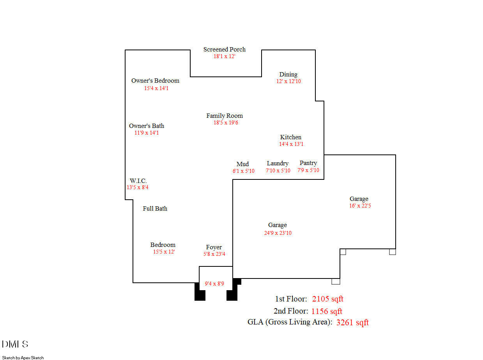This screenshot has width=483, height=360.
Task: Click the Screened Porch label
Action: (224, 50)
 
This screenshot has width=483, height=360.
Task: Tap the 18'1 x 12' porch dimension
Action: (224, 56)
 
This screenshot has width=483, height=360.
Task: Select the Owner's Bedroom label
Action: (155, 81)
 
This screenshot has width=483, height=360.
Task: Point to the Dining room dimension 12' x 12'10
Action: (288, 81)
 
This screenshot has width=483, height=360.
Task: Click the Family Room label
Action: (225, 116)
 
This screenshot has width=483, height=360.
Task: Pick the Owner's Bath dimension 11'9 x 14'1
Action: (147, 133)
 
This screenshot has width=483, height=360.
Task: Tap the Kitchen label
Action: (291, 137)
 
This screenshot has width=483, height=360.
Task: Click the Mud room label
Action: (242, 164)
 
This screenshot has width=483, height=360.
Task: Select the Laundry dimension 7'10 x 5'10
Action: (278, 170)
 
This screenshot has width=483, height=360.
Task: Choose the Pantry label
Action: (308, 163)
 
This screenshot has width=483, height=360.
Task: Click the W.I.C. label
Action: (138, 181)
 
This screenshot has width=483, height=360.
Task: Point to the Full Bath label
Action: (155, 209)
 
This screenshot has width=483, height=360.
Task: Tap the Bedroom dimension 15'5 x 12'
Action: (164, 252)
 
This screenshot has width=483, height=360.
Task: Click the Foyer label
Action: (214, 247)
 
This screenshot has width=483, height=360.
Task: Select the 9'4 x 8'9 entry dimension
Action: (214, 284)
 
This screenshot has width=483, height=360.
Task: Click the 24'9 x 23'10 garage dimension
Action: (278, 233)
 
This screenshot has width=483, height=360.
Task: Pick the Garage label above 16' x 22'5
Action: (359, 199)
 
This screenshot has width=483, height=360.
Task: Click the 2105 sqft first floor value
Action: (327, 299)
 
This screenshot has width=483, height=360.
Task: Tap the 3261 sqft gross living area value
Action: (352, 322)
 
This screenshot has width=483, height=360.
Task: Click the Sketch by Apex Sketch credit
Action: (23, 358)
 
